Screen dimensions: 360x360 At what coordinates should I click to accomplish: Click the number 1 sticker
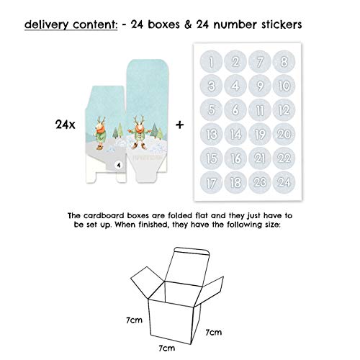211,62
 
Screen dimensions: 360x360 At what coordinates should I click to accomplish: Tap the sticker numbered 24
284,182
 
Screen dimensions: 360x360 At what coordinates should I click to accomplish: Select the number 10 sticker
284,86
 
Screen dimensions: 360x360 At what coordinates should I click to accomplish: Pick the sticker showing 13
211,134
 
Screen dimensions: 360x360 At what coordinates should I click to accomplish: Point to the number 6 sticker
235,110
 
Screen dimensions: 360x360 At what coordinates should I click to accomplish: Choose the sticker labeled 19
260,134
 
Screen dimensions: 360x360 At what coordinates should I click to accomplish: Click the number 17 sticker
211,182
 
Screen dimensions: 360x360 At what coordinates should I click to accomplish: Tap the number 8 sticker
284,62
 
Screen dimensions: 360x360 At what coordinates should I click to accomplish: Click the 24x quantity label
66,125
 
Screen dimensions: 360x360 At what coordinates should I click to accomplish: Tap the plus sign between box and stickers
180,125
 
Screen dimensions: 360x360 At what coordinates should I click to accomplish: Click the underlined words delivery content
71,24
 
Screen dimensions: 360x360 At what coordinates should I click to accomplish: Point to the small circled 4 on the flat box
119,165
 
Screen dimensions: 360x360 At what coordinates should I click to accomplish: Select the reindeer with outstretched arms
140,132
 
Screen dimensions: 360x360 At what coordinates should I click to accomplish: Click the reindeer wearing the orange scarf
99,133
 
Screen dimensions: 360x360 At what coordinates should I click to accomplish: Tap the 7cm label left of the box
134,320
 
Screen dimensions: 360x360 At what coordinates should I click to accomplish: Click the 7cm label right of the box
214,333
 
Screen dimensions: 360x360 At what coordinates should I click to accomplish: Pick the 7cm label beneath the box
167,348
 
